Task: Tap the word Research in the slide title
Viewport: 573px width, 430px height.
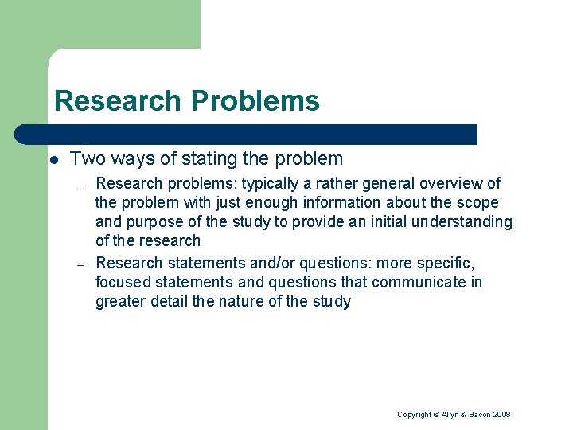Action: click(118, 101)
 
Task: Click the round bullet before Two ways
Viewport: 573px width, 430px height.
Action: click(53, 160)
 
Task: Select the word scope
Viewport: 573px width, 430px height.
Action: click(478, 202)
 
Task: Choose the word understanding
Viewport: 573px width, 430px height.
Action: click(462, 221)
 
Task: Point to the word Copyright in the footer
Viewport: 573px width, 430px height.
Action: click(414, 415)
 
